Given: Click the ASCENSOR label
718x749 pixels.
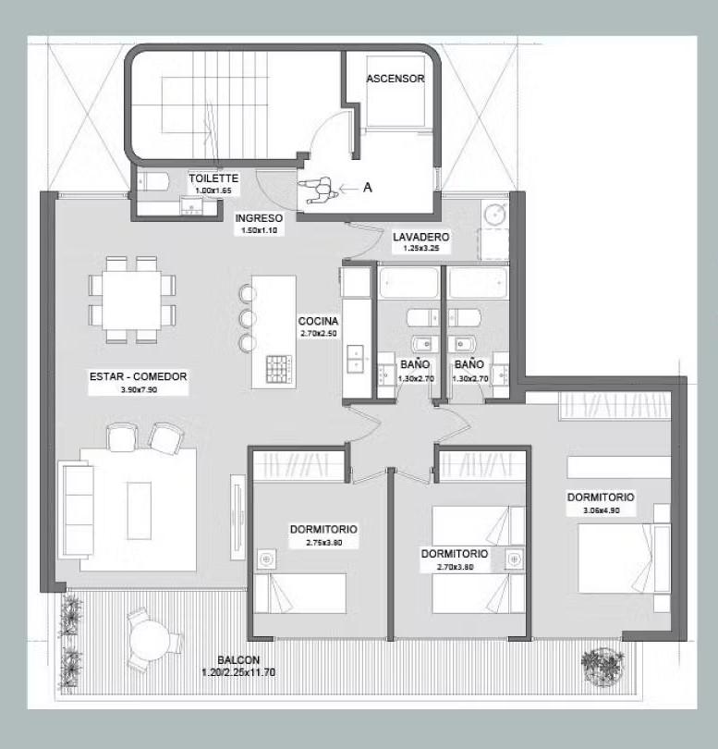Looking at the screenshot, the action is pos(396,79).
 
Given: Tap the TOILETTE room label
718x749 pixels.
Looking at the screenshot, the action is pos(213,178).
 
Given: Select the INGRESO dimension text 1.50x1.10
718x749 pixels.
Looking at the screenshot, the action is pos(260,229).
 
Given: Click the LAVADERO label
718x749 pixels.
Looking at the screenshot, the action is pos(421,237).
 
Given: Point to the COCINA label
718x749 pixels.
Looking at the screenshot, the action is pos(319,321).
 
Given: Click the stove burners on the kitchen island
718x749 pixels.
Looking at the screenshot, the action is pos(279,369).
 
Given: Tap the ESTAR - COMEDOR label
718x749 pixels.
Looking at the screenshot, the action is pos(139,376).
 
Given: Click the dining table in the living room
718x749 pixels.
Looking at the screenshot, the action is pos(132,301).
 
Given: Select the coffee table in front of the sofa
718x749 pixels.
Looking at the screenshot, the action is pos(140,510).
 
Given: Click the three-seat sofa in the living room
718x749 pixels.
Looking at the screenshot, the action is pos(76,510).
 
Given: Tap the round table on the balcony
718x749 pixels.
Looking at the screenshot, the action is pos(150,640).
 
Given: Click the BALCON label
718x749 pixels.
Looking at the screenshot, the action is pos(238,659).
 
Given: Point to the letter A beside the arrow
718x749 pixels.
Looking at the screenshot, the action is pos(367,188).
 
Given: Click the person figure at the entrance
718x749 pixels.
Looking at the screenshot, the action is pos(319,190).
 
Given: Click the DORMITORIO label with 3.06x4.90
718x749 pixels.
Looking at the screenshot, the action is pos(601,497).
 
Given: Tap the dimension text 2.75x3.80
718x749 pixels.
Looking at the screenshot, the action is pos(324,543).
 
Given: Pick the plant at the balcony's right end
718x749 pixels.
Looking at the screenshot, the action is pos(602,667).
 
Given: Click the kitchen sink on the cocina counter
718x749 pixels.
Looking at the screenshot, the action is pos(355,358).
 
